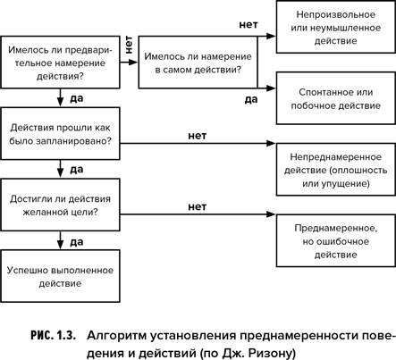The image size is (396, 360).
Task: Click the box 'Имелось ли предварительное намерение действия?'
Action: click(x=60, y=63)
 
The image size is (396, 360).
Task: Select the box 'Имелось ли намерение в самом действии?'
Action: click(x=198, y=63)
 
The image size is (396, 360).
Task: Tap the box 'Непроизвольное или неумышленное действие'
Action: click(x=336, y=27)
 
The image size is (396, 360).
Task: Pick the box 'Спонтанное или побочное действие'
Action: click(x=336, y=98)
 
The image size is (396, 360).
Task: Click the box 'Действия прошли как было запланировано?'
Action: click(x=60, y=134)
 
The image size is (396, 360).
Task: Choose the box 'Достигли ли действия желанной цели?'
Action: click(x=60, y=205)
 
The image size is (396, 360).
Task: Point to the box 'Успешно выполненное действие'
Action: click(x=60, y=276)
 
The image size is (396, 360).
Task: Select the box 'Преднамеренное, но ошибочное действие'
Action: click(x=336, y=240)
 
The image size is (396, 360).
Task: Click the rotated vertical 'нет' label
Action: click(x=129, y=45)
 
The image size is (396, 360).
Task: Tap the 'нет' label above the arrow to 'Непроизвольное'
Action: click(x=249, y=25)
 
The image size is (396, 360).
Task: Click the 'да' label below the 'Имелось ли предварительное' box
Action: click(x=77, y=98)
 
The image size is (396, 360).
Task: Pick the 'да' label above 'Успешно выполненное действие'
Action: click(x=77, y=242)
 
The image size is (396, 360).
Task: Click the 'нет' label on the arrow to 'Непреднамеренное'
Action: click(x=198, y=136)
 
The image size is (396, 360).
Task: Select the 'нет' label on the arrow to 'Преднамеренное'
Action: click(x=198, y=206)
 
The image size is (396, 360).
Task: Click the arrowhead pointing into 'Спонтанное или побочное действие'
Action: click(x=271, y=88)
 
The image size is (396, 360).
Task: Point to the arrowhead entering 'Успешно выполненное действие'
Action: click(x=61, y=245)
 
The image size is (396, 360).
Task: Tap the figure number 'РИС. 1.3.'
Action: click(x=53, y=336)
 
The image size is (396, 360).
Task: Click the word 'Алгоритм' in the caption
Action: click(x=117, y=336)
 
